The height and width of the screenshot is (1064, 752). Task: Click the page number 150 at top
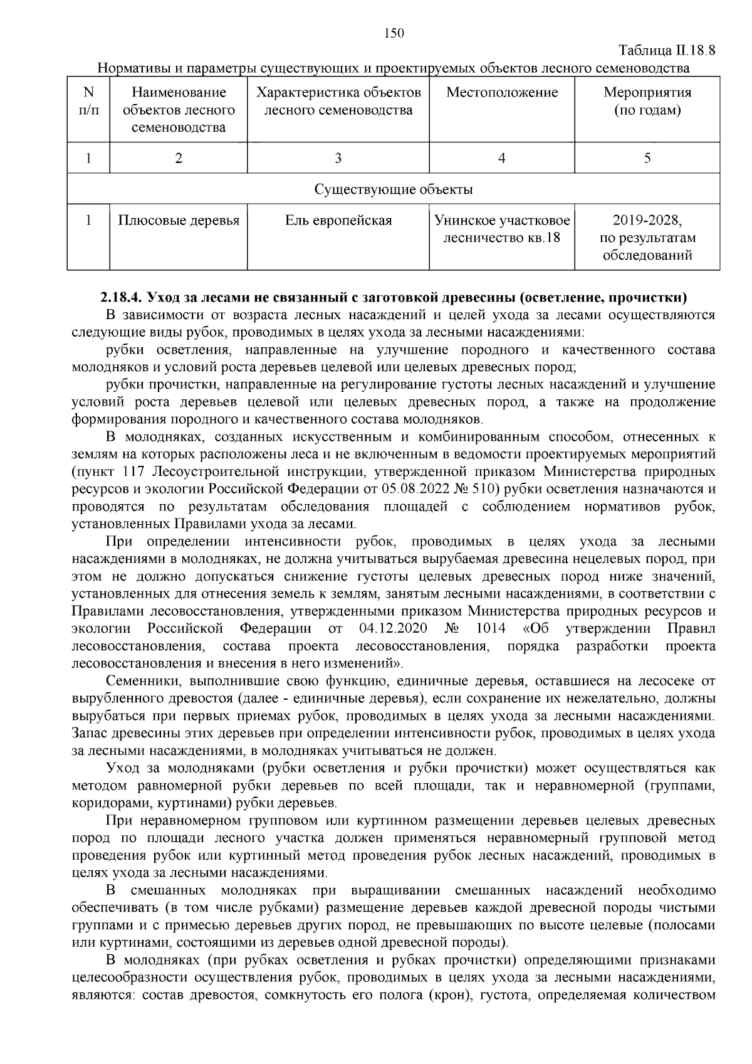[x=393, y=33]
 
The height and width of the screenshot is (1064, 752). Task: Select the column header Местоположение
[x=501, y=93]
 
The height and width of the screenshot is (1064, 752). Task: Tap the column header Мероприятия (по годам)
[x=647, y=102]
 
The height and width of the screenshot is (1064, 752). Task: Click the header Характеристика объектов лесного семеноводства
[x=338, y=102]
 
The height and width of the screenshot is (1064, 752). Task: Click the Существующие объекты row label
[x=393, y=189]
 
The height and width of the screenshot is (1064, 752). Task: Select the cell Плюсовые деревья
[x=179, y=221]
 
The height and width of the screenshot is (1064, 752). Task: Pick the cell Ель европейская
[x=338, y=221]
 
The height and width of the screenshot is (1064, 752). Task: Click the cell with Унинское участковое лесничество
[x=501, y=229]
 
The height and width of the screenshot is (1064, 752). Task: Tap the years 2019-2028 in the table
[x=647, y=221]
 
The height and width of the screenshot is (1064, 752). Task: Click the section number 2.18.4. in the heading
[x=122, y=297]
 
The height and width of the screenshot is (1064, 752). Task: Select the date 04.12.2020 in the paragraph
[x=394, y=629]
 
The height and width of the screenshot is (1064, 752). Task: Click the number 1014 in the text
[x=491, y=629]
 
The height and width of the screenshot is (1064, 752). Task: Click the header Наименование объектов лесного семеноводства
[x=179, y=110]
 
